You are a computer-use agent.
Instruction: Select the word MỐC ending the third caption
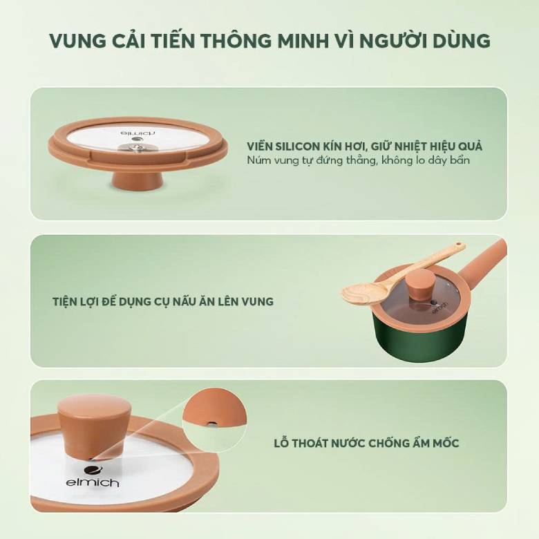(x=444, y=443)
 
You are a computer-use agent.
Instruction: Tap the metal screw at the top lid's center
(x=138, y=146)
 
